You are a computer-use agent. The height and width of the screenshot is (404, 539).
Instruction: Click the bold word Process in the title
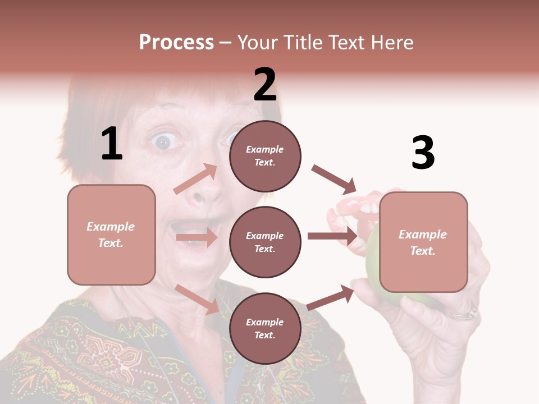(176, 43)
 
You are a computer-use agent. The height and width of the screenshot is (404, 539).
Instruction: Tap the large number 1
(112, 144)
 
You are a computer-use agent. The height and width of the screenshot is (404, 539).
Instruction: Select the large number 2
(265, 85)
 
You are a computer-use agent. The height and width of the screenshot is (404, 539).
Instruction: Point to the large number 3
(423, 153)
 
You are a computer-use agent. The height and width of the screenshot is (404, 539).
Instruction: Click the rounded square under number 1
(111, 235)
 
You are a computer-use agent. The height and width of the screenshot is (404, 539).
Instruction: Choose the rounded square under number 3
(423, 242)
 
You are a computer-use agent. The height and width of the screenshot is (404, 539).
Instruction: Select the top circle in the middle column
(265, 155)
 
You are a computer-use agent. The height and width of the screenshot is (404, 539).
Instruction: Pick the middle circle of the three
(265, 242)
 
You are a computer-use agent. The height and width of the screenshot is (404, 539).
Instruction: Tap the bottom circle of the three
(265, 328)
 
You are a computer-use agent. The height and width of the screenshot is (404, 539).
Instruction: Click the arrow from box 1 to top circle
(195, 179)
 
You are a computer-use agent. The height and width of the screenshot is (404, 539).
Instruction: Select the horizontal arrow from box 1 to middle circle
(197, 237)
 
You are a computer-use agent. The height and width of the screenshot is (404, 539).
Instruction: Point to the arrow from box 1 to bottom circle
(197, 299)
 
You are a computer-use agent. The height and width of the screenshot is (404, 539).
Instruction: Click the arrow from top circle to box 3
(334, 179)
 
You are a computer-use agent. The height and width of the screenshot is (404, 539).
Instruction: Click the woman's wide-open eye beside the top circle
(163, 142)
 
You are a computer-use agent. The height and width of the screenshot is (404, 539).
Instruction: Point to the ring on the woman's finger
(465, 312)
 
